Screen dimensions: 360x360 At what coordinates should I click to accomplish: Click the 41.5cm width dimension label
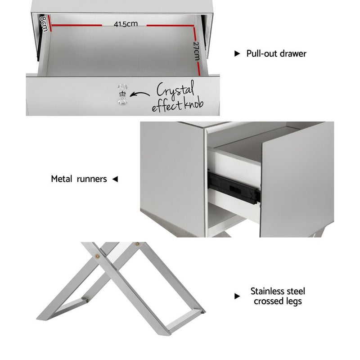coord(126,24)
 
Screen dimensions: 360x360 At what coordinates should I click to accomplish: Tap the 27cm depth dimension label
coord(196,50)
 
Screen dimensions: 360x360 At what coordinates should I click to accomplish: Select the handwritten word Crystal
coord(175,89)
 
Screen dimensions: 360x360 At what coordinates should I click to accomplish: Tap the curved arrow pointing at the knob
coord(141,94)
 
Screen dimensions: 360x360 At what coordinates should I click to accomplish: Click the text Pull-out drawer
coord(276,54)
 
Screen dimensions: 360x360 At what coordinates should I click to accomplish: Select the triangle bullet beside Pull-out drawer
coord(237,54)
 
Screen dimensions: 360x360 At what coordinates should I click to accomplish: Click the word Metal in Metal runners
coord(61,179)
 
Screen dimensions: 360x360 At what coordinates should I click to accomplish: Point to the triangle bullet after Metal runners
coord(115,179)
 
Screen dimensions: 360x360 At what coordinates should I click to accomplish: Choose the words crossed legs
coord(277,301)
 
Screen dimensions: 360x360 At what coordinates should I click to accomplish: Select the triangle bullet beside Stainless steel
coord(237,296)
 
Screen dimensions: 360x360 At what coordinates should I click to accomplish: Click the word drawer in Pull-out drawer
coord(292,54)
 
